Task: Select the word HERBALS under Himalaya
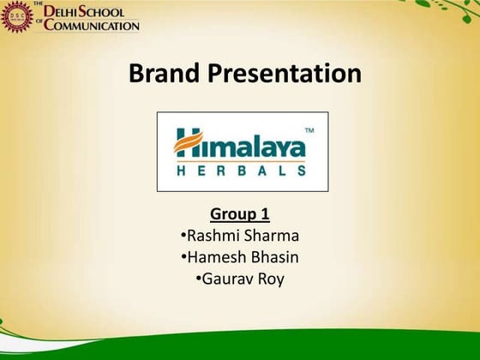point(240,170)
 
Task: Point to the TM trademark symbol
point(309,130)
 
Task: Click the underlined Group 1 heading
point(239,213)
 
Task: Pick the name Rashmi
point(212,235)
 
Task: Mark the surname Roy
point(274,278)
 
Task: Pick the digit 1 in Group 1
point(265,213)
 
